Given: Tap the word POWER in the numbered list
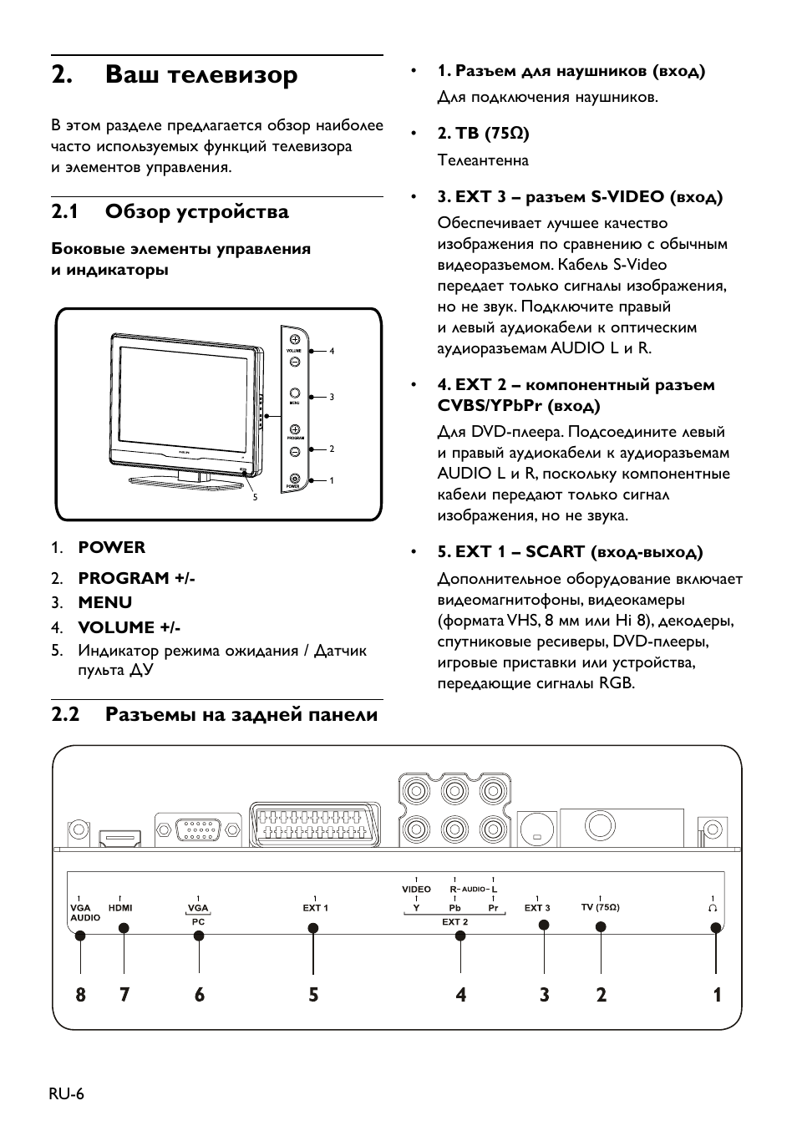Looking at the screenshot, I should pyautogui.click(x=111, y=548).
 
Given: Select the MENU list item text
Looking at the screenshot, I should pyautogui.click(x=104, y=603).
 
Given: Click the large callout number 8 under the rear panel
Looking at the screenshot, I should pyautogui.click(x=80, y=995).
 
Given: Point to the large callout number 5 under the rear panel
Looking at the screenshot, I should pyautogui.click(x=313, y=995).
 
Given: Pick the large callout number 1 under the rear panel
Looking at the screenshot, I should pyautogui.click(x=717, y=995).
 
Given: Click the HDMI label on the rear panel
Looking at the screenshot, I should pyautogui.click(x=120, y=908).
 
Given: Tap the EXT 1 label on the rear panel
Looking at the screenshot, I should pyautogui.click(x=315, y=908).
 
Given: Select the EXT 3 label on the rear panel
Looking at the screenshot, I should pyautogui.click(x=537, y=908).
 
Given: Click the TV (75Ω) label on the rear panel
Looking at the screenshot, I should pyautogui.click(x=600, y=908).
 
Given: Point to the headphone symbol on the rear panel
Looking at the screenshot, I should pyautogui.click(x=713, y=907).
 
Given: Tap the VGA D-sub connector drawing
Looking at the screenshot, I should pyautogui.click(x=198, y=830).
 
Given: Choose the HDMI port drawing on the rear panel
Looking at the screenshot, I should pyautogui.click(x=121, y=836).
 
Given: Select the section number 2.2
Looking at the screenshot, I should pyautogui.click(x=64, y=715).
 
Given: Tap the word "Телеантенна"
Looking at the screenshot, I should pyautogui.click(x=483, y=160).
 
